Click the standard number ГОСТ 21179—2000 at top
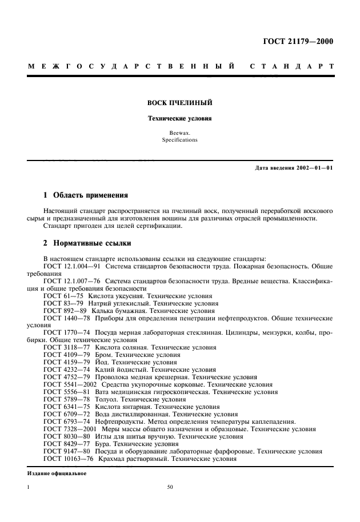[297, 41]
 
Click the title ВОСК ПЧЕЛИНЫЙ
[180, 103]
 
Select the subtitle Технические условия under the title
[180, 119]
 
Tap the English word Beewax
[179, 132]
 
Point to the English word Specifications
[179, 139]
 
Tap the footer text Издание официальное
[57, 472]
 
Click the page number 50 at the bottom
[170, 487]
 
